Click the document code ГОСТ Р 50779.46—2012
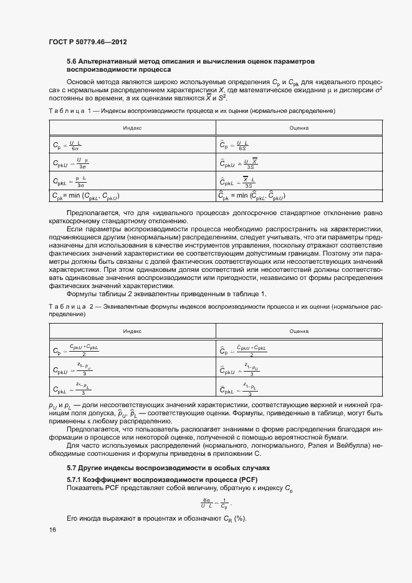[x=89, y=42]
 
